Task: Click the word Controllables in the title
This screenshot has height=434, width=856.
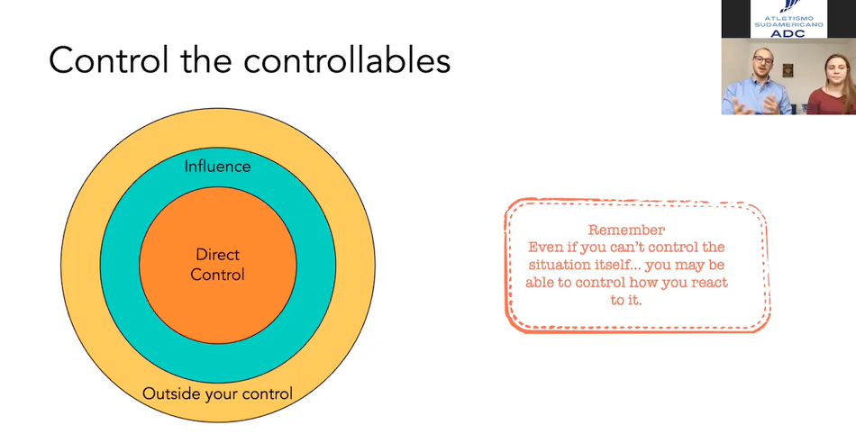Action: coord(347,60)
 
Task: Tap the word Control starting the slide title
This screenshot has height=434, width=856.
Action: coord(109,60)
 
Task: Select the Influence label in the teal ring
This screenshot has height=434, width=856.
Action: coord(217,167)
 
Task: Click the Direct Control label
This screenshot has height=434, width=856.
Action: coord(217,265)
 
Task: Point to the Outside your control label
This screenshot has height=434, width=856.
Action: coord(217,393)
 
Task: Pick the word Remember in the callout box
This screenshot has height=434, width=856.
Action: coord(626,231)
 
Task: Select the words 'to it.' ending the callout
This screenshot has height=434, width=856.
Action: coord(626,301)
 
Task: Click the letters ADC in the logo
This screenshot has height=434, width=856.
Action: coord(788,33)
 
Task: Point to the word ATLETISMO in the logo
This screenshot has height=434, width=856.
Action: coord(788,19)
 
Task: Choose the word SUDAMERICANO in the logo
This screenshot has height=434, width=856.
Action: coord(788,25)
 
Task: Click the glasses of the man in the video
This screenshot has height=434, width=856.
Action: coord(762,60)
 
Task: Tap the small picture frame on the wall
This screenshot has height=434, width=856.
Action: coord(788,70)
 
